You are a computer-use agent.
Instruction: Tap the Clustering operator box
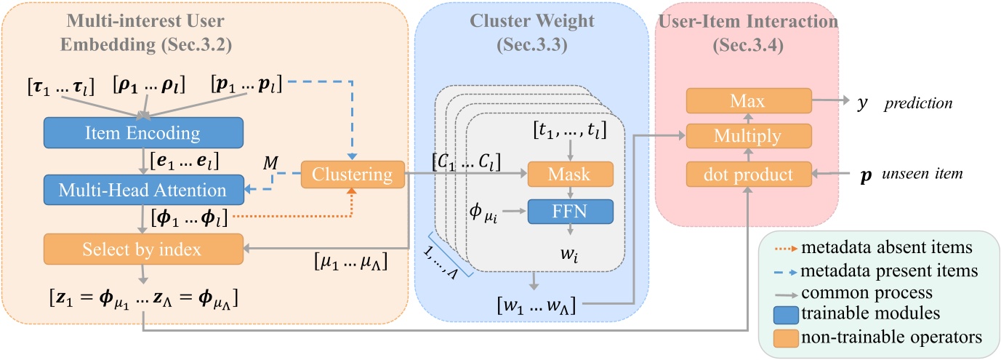pyautogui.click(x=352, y=175)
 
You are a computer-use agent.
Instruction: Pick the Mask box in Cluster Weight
pyautogui.click(x=570, y=175)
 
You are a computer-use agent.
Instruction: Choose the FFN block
pyautogui.click(x=570, y=212)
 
